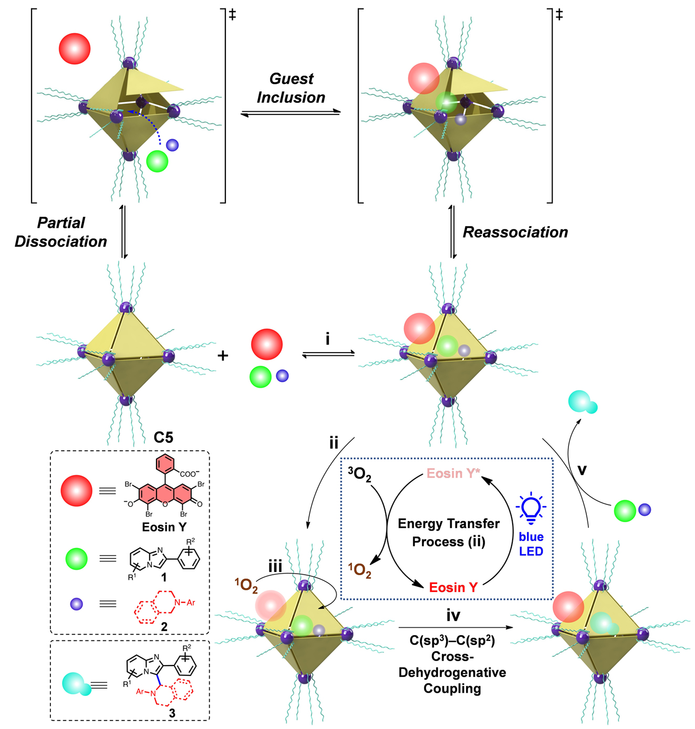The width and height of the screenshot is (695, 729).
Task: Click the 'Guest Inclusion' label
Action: click(291, 88)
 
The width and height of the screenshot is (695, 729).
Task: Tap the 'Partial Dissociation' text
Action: click(61, 232)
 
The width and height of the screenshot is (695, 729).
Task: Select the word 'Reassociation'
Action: click(515, 233)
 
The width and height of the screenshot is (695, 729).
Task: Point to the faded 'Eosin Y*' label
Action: click(453, 473)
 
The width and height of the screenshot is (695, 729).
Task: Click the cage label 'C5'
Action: click(163, 437)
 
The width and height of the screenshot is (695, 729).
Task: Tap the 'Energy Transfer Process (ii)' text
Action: click(449, 532)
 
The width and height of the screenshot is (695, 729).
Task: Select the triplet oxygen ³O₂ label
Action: click(360, 474)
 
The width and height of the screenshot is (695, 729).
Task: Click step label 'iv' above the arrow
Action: click(453, 615)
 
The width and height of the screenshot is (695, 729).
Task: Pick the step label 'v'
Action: click(582, 470)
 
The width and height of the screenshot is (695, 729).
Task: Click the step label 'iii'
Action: click(275, 566)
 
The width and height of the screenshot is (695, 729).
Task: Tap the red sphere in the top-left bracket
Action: click(75, 49)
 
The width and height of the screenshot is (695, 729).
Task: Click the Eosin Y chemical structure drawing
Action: click(164, 488)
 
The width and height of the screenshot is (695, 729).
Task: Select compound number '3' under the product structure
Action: click(172, 713)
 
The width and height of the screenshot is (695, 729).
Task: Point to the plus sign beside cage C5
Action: click(223, 356)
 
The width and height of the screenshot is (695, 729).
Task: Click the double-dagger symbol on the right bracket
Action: click(559, 14)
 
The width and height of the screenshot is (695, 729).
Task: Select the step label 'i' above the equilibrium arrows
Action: click(328, 340)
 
